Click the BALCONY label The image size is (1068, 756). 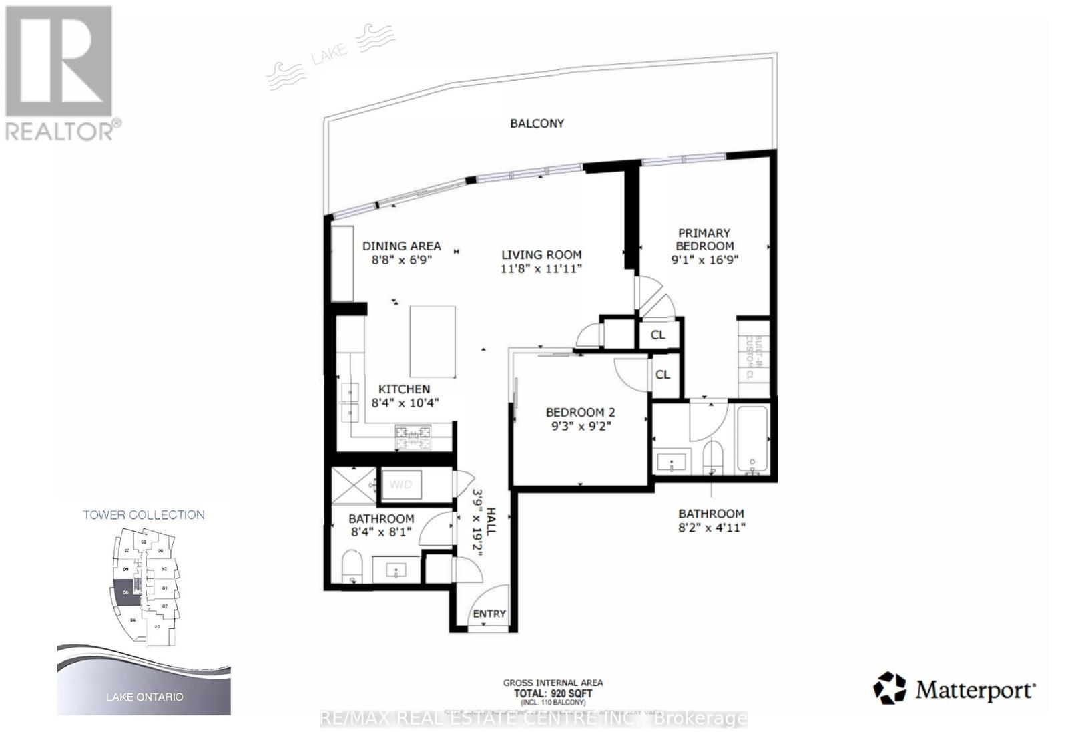537,123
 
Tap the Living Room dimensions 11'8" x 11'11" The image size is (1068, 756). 541,268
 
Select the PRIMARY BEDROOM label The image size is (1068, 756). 704,239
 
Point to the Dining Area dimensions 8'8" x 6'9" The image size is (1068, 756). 401,260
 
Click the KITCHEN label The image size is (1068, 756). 404,389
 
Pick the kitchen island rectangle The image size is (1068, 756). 433,341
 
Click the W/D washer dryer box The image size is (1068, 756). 400,484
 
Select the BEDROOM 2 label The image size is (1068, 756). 580,412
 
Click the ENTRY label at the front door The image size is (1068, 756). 489,614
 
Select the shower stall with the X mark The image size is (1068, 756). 353,484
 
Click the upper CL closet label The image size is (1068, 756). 658,335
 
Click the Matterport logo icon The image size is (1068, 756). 890,688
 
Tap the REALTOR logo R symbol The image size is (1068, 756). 59,61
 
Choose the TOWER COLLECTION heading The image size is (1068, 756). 144,514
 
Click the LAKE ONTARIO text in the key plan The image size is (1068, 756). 144,697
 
